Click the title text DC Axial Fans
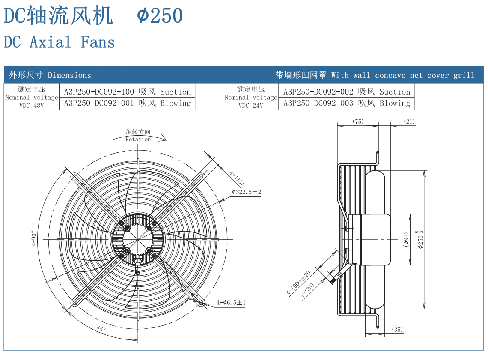tap(59, 42)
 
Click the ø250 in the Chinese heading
tap(160, 16)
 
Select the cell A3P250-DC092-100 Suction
tap(127, 92)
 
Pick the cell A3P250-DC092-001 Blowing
tap(127, 103)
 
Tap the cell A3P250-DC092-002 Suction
tap(347, 92)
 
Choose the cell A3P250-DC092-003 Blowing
tap(347, 103)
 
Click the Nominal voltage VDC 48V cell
tap(31, 97)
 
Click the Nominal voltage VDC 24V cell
tap(251, 97)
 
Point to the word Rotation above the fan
tap(138, 139)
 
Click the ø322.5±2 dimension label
tap(247, 192)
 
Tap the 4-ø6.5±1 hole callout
tap(231, 303)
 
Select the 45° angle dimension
tap(101, 329)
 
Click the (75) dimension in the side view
tap(358, 122)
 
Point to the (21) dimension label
tap(409, 122)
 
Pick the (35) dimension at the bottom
tap(397, 330)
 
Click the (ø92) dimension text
tap(406, 240)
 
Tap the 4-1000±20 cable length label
tap(299, 283)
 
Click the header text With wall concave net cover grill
tap(402, 75)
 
